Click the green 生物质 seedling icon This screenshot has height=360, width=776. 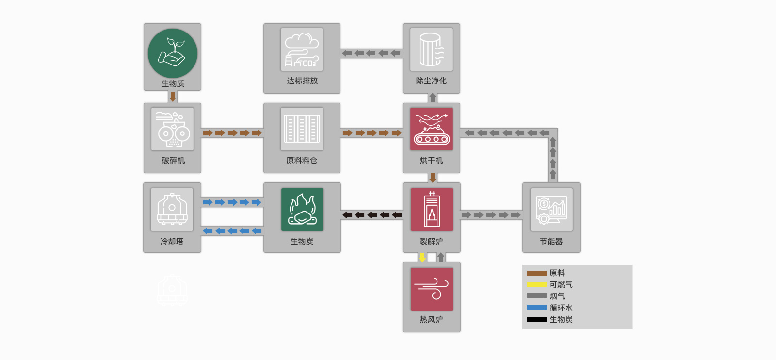[x=173, y=53]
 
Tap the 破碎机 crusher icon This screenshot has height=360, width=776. [x=172, y=129]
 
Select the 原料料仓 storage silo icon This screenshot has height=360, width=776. [x=302, y=129]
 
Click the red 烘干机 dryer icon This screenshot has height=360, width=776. [x=431, y=129]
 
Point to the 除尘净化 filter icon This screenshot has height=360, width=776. [x=431, y=49]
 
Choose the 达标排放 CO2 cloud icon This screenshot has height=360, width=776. [x=302, y=49]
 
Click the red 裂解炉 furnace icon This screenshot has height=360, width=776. [x=432, y=210]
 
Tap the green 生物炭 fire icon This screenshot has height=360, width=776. [x=302, y=210]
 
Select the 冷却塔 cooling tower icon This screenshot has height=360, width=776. [x=172, y=210]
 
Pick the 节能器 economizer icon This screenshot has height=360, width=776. [x=551, y=210]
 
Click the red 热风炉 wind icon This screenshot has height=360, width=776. [x=432, y=289]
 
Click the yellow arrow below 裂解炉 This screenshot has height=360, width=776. [x=422, y=257]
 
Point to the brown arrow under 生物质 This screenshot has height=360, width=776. [x=172, y=97]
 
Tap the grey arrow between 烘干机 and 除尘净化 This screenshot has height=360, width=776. [x=432, y=98]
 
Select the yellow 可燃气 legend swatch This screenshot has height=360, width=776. [x=537, y=284]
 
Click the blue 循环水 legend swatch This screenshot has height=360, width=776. [x=537, y=307]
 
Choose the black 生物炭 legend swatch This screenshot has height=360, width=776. [x=537, y=319]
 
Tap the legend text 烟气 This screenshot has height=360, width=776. [x=557, y=296]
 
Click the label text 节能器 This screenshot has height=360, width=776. [x=551, y=241]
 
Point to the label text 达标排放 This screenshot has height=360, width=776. [x=302, y=81]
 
